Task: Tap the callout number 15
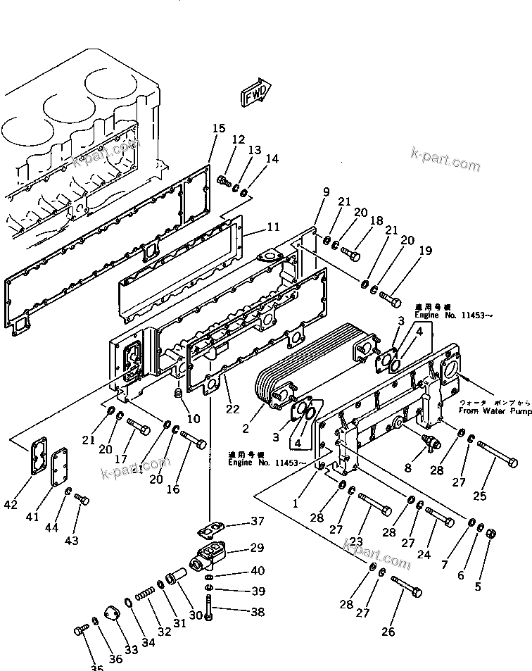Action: [219, 128]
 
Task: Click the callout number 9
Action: [326, 192]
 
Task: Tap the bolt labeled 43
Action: [82, 501]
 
